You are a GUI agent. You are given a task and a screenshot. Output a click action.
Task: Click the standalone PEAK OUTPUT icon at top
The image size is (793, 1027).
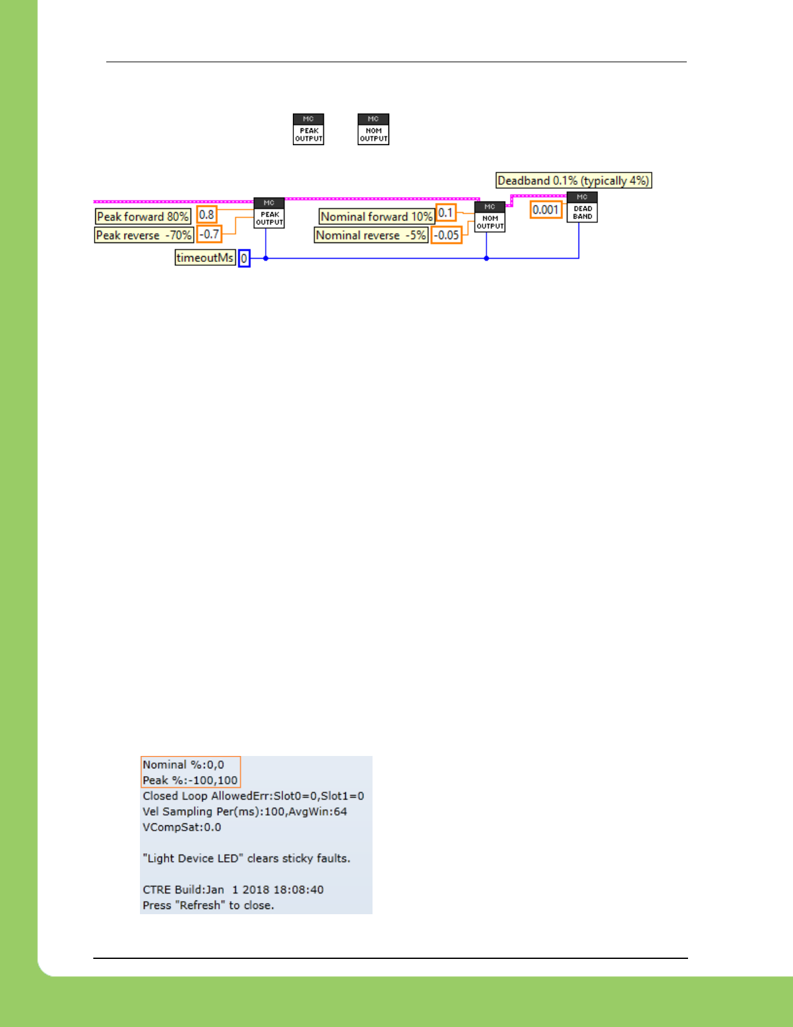click(308, 129)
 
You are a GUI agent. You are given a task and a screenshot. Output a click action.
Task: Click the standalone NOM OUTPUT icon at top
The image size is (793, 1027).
click(373, 129)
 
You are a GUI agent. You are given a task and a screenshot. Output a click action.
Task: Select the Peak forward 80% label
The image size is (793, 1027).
click(143, 217)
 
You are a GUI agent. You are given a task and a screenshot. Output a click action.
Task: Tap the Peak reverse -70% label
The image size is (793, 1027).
click(144, 235)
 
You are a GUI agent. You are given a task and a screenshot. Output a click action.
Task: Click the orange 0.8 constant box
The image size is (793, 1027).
click(207, 215)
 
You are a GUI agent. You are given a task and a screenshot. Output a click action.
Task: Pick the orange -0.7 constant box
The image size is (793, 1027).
click(209, 234)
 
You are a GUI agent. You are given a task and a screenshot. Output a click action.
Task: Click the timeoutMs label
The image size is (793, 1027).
click(205, 258)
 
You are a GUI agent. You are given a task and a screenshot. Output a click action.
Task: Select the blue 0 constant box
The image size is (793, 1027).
click(244, 259)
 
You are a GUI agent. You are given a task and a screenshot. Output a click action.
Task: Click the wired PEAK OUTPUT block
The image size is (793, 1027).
click(269, 213)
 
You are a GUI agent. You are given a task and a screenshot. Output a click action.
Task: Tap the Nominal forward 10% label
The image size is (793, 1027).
click(376, 217)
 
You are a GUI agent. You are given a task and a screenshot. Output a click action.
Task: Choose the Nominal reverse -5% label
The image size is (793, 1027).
click(371, 235)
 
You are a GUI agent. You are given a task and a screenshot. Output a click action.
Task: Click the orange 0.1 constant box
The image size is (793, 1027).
click(446, 213)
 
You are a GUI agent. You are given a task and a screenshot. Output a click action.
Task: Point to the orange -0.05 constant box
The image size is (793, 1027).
click(446, 235)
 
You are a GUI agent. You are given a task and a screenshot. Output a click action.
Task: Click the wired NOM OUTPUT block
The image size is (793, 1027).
click(490, 217)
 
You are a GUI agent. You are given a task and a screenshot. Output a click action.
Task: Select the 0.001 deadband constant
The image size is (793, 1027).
click(546, 210)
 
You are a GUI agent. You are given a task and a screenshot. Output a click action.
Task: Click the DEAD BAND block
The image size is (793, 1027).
click(582, 207)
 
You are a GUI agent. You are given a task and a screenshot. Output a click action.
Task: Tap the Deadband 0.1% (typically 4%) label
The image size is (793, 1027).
click(573, 181)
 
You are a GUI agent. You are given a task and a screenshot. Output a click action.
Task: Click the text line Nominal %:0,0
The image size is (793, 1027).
click(183, 765)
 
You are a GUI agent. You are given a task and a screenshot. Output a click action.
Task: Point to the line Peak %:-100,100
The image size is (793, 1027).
click(190, 781)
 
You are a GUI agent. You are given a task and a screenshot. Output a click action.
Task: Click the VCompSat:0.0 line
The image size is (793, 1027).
click(182, 827)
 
